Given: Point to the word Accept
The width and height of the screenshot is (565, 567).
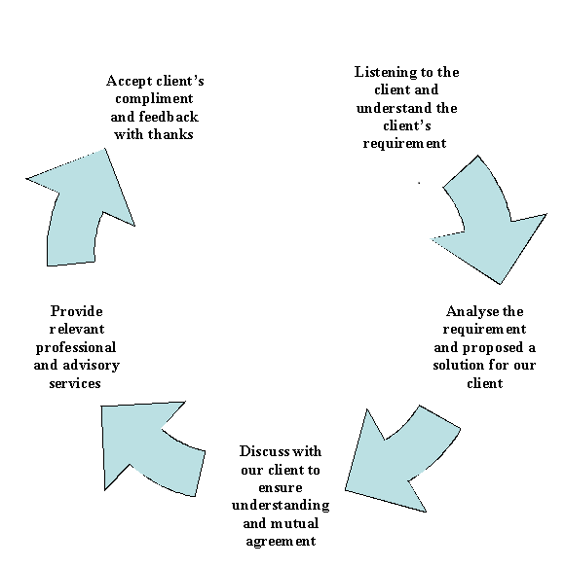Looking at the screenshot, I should click(x=129, y=81).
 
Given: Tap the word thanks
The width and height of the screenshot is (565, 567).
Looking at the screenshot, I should click(x=171, y=134).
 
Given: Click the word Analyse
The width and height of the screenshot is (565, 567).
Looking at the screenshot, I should click(x=471, y=311).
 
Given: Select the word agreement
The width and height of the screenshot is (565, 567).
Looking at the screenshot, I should click(x=281, y=541).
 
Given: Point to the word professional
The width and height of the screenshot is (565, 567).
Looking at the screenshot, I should click(x=75, y=347).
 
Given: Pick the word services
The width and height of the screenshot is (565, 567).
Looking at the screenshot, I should click(x=75, y=383).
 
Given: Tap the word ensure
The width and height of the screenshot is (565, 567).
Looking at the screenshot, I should click(x=281, y=488).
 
